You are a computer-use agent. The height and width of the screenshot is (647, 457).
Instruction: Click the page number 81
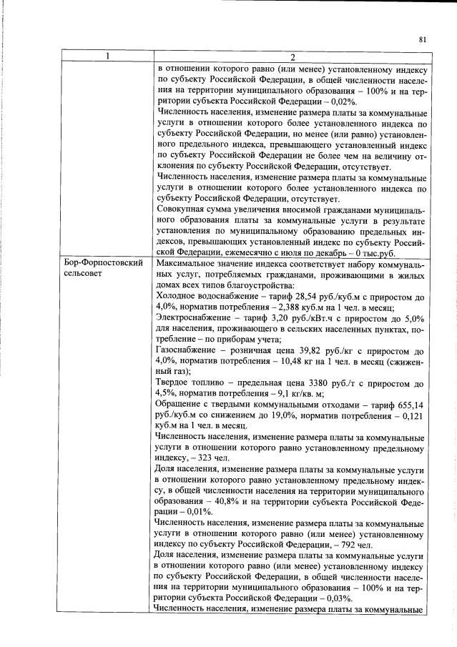[423, 40]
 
